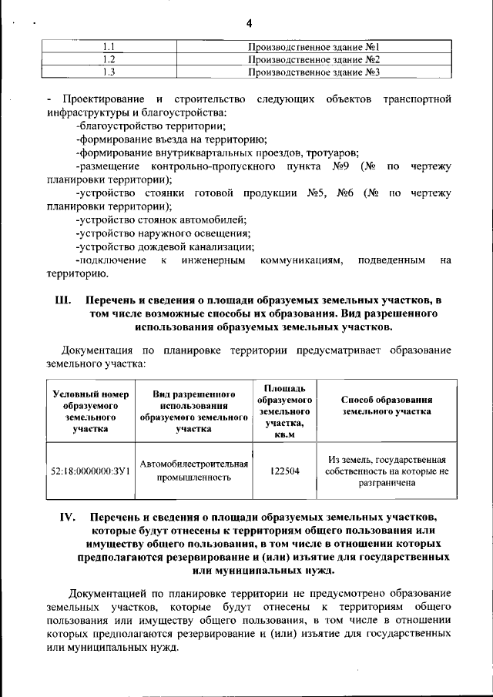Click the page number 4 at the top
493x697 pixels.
249,23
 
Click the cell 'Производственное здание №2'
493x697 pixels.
315,59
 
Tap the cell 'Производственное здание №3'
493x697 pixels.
315,72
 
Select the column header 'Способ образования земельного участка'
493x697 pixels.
386,406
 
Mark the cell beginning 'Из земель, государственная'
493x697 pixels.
386,471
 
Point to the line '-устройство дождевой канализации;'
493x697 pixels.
166,247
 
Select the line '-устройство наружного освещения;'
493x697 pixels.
163,234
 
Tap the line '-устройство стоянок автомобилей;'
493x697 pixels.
161,220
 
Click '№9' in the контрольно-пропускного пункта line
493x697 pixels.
341,166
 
